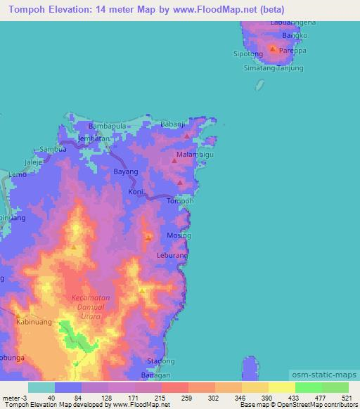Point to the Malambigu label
tap(195, 153)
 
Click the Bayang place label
tap(125, 171)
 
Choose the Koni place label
tap(136, 191)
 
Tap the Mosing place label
tap(179, 235)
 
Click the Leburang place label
tap(172, 256)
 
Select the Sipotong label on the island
tap(247, 53)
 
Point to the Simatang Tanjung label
tap(273, 67)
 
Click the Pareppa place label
tap(292, 51)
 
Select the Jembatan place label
tap(95, 138)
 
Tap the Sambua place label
tap(53, 149)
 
